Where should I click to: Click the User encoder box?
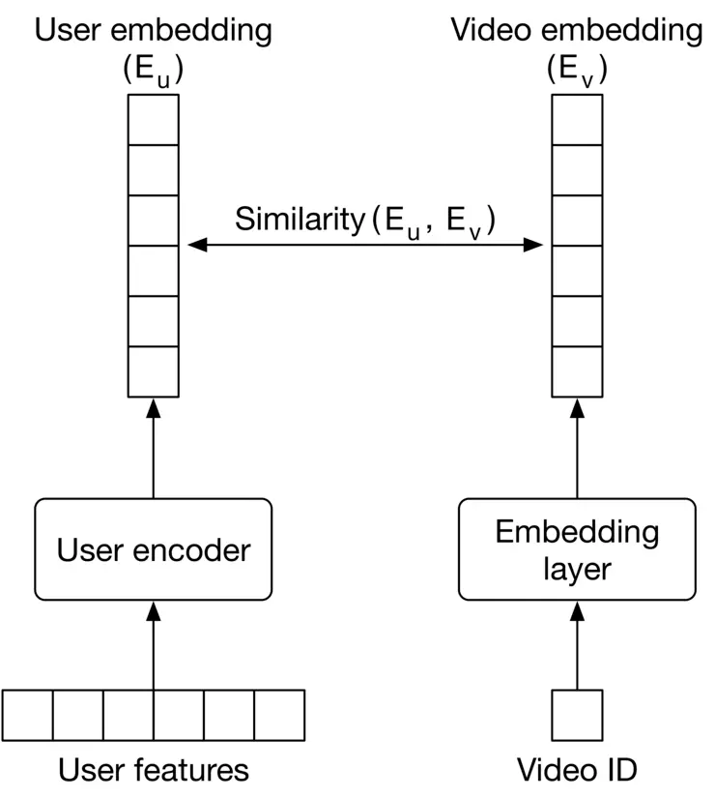click(153, 550)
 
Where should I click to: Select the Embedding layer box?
click(577, 550)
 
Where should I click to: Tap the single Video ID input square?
click(577, 716)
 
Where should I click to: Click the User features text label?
click(154, 770)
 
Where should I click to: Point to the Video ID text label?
click(577, 770)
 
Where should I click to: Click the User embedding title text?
click(154, 31)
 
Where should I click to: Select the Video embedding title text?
click(577, 31)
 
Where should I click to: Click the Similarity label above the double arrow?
click(365, 220)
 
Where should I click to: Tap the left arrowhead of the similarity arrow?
click(194, 246)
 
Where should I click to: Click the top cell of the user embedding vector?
click(154, 119)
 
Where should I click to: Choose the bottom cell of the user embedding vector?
click(154, 371)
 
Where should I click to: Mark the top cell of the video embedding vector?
click(577, 119)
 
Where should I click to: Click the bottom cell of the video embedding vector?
click(577, 371)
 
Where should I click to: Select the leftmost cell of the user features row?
click(28, 716)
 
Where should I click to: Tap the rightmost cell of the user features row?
click(279, 716)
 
